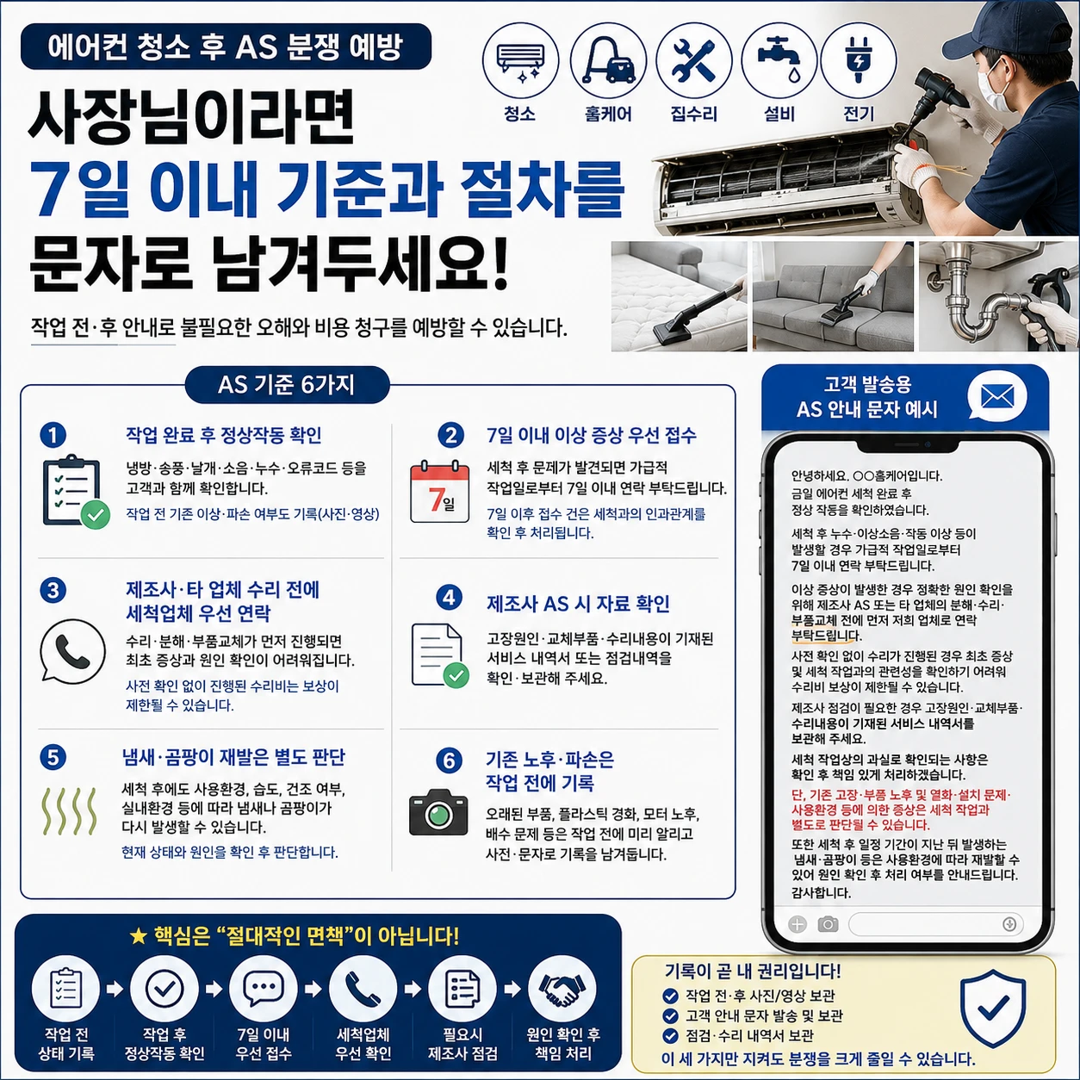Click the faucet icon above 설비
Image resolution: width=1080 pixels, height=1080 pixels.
780,60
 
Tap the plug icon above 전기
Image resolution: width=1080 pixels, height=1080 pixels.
858,60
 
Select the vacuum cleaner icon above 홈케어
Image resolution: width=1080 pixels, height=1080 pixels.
609,60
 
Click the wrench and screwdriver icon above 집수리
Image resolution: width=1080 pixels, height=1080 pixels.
694,60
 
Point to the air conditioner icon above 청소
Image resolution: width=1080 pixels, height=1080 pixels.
521,62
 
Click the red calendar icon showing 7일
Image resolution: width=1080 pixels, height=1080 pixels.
440,492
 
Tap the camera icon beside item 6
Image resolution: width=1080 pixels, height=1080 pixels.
438,812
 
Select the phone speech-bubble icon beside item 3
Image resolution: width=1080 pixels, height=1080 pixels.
72,651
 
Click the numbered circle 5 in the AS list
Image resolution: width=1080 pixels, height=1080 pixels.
53,757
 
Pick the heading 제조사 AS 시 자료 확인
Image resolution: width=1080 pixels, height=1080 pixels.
578,604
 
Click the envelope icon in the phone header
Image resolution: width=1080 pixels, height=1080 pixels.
997,397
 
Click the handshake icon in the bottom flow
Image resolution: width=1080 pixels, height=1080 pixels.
562,990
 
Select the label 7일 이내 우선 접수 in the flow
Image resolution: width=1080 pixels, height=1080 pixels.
264,1044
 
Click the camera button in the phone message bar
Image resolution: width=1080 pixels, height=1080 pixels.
828,924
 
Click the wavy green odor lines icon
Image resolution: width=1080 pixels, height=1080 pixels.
70,810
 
